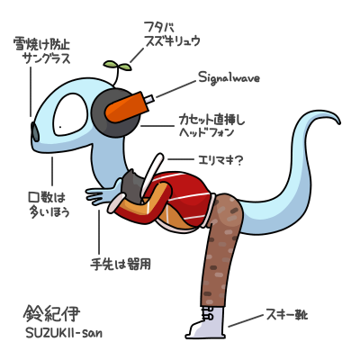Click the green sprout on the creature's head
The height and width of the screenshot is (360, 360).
(117, 65)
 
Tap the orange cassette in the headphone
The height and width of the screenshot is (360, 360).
(127, 107)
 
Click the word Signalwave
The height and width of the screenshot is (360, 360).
(229, 78)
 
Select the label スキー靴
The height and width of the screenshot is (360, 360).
(287, 315)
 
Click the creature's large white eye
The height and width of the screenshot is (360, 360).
(71, 114)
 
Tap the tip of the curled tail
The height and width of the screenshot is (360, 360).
(339, 122)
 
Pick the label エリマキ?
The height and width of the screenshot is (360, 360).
(220, 160)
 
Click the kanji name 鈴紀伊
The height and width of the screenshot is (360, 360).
(51, 313)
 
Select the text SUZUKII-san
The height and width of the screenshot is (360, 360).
(63, 333)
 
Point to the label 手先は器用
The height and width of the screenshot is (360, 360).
(121, 265)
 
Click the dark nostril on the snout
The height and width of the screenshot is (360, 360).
(35, 132)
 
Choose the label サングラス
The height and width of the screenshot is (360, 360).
(48, 58)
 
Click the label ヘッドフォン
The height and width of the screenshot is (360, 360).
(206, 133)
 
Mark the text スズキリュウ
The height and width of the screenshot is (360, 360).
(172, 41)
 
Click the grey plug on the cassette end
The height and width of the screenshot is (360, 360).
(149, 99)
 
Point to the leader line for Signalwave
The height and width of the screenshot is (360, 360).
(176, 89)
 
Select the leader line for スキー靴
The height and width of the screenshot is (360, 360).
(246, 320)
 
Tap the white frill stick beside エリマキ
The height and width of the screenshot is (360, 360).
(152, 177)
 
